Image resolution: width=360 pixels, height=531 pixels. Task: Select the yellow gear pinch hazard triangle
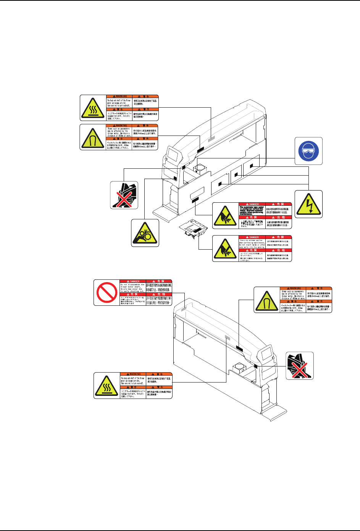[x=145, y=233]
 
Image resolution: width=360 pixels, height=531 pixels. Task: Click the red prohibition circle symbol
[x=107, y=292]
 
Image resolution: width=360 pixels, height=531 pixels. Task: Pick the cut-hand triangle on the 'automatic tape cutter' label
[x=226, y=216]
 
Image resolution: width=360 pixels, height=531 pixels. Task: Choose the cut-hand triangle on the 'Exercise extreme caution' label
[x=226, y=249]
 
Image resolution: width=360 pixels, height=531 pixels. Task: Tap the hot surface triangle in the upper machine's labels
[x=92, y=107]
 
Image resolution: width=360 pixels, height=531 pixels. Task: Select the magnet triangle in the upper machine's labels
[x=92, y=137]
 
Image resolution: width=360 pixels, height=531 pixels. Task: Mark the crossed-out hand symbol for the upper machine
[x=124, y=195]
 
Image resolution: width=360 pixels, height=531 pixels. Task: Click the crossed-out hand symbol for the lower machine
[x=300, y=366]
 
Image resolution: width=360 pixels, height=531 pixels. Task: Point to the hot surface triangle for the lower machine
[x=107, y=386]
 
